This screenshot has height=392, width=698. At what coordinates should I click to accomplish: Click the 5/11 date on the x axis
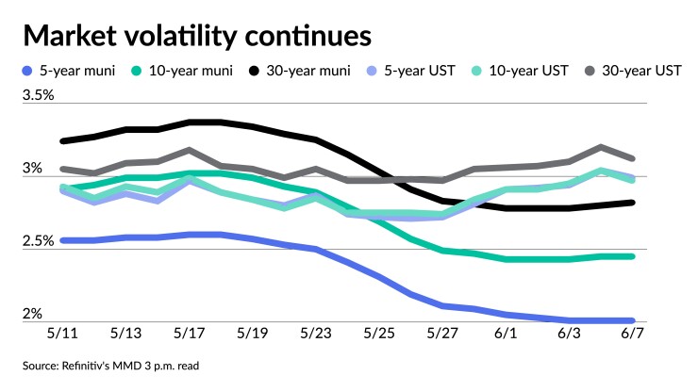tap(64, 334)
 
